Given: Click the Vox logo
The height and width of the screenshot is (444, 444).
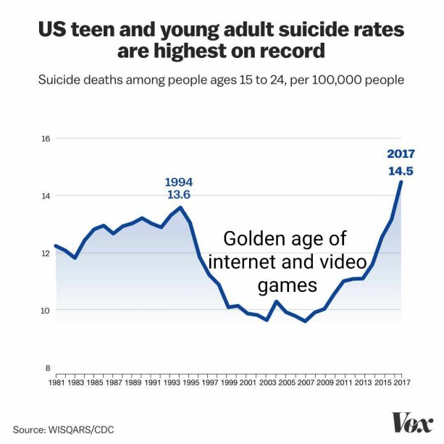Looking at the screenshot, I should (413, 423).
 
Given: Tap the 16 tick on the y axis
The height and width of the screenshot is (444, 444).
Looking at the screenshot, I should (45, 138).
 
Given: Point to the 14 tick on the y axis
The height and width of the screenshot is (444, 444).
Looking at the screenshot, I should (45, 196).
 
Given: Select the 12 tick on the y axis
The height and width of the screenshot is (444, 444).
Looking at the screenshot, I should (45, 253).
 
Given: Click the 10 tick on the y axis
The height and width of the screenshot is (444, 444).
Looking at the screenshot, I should (45, 311).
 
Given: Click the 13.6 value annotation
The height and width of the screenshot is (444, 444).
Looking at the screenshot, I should (179, 195).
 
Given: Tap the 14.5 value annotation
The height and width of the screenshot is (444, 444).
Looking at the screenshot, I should (401, 171).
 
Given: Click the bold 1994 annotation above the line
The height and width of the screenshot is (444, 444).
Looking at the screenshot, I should (179, 182).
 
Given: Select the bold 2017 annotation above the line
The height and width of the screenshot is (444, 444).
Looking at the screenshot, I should (401, 154).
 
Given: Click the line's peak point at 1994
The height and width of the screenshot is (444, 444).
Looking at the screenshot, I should (180, 207).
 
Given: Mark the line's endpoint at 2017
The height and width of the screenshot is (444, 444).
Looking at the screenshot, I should (401, 182).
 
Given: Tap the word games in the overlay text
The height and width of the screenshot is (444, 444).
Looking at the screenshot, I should (288, 285).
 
